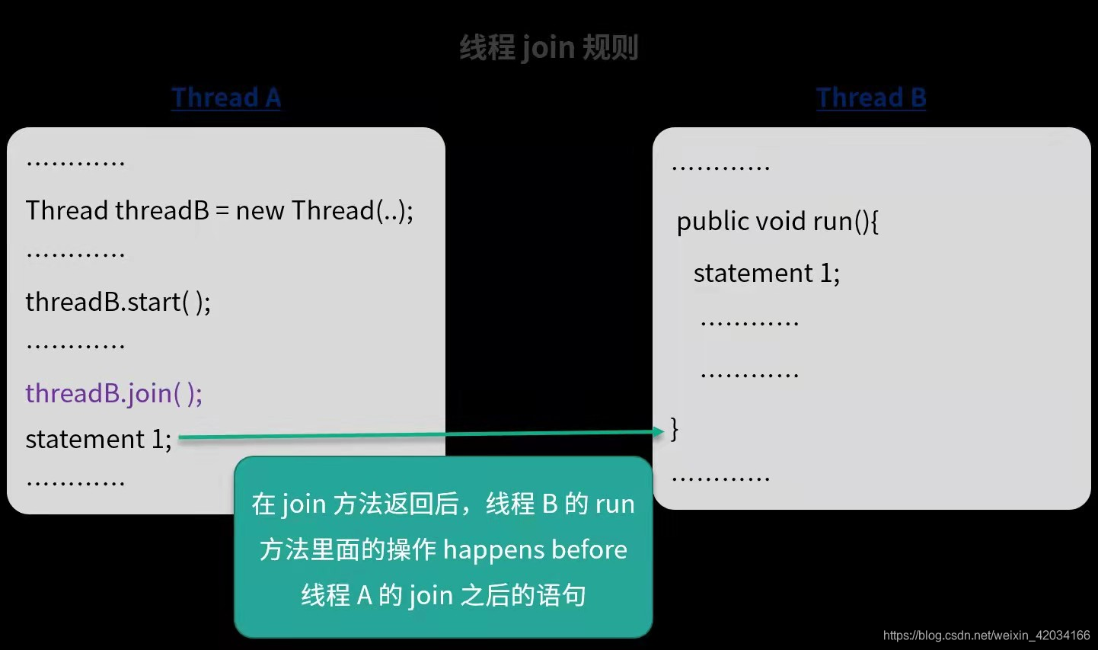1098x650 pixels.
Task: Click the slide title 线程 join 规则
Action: click(x=548, y=48)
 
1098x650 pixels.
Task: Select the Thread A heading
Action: click(x=226, y=98)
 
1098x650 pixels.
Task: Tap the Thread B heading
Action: click(x=871, y=98)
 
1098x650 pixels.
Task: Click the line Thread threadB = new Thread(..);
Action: click(x=219, y=210)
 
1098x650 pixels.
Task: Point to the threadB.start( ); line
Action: click(x=118, y=303)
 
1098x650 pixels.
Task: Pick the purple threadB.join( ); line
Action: click(x=114, y=393)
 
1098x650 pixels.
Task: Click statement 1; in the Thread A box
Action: click(x=98, y=439)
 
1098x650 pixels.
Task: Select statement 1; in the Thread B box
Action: click(x=766, y=273)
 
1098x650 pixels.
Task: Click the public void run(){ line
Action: click(x=777, y=221)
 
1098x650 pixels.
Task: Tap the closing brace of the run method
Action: click(x=675, y=428)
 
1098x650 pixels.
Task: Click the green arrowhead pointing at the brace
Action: click(x=659, y=431)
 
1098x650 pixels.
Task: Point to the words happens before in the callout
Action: click(x=535, y=549)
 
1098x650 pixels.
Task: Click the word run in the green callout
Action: click(x=614, y=504)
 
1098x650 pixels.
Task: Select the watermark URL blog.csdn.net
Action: click(x=986, y=635)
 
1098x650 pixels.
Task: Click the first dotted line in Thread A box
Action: click(x=75, y=163)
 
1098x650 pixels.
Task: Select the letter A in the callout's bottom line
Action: click(x=364, y=595)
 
